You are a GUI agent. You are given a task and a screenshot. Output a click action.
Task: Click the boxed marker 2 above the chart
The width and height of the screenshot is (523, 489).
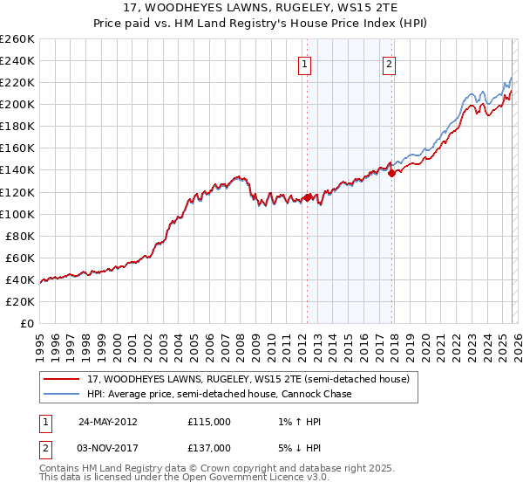pyautogui.click(x=389, y=63)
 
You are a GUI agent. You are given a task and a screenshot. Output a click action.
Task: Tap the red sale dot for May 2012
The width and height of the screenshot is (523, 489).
pyautogui.click(x=307, y=197)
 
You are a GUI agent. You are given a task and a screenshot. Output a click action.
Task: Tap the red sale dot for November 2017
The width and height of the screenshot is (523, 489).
pyautogui.click(x=391, y=173)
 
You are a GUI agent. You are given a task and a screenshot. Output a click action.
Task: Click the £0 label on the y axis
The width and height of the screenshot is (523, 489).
pyautogui.click(x=26, y=323)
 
